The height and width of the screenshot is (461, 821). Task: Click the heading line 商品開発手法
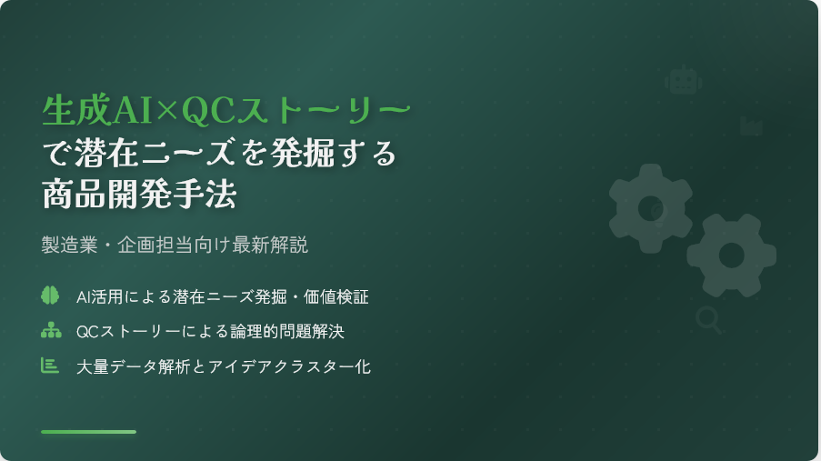[x=139, y=194]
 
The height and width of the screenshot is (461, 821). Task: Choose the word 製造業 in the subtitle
[x=70, y=245]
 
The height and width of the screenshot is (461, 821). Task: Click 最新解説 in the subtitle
[x=270, y=245]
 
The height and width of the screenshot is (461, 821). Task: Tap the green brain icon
[x=50, y=295]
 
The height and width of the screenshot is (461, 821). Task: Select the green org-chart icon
[x=51, y=330]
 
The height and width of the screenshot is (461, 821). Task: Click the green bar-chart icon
[x=50, y=366]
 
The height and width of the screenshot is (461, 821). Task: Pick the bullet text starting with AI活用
[x=223, y=297]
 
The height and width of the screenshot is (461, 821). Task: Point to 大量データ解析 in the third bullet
[x=133, y=366]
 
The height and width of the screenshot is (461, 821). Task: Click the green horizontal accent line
[x=88, y=432]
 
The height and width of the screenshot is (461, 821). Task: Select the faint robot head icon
[x=684, y=80]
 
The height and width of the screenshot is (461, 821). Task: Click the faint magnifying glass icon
[x=708, y=320]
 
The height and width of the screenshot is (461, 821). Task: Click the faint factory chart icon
[x=751, y=126]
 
